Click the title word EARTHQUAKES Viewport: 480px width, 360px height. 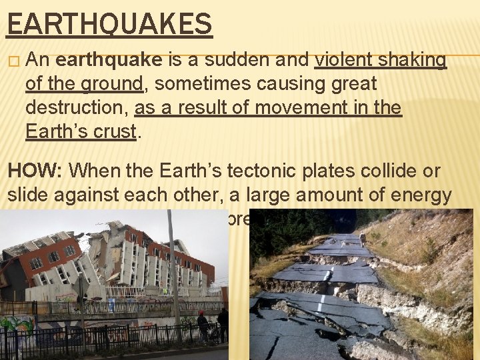click(x=109, y=25)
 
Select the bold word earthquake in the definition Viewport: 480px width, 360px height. click(x=109, y=61)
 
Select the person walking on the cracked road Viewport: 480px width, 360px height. click(x=362, y=239)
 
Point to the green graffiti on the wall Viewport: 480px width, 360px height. click(x=17, y=327)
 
